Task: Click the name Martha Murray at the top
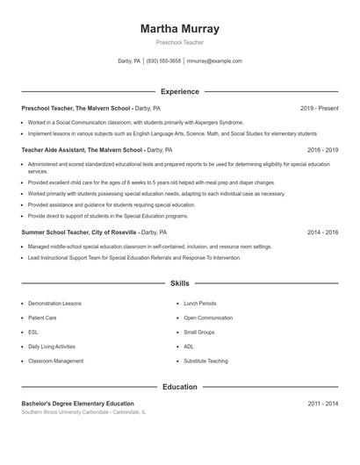180,29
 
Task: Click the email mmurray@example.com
214,61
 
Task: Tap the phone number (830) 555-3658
163,61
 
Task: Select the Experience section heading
180,91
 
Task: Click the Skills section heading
180,283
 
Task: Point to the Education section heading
180,387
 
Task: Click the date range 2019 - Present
319,108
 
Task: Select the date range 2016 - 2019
322,150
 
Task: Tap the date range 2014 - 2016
322,232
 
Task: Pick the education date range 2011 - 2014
322,404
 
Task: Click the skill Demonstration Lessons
54,304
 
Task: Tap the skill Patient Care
42,318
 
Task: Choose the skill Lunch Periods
200,304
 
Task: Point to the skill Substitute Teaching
205,361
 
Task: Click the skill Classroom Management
55,361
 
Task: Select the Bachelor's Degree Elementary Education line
78,404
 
